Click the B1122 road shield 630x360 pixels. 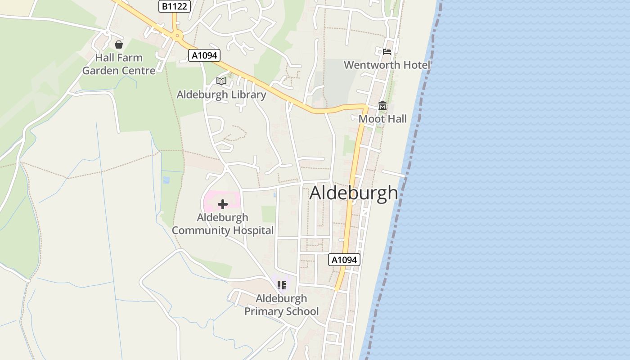pos(174,6)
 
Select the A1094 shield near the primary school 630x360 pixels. pos(344,260)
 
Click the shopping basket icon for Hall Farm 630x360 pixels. pos(119,45)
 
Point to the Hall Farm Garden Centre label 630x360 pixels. pos(119,64)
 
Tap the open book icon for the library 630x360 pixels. pos(221,81)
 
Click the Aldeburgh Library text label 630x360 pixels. pos(221,94)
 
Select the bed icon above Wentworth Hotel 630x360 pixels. pos(387,52)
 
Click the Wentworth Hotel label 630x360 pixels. pos(387,65)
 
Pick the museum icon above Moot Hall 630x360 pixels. pos(382,106)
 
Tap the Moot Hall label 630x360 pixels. pos(382,119)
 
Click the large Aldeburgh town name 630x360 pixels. pos(354,193)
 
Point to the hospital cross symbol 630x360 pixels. pos(222,204)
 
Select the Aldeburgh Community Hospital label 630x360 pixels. pos(223,224)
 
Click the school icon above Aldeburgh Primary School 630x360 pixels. pos(282,285)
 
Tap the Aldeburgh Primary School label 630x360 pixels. pos(282,305)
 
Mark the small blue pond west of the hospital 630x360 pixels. pos(166,180)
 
